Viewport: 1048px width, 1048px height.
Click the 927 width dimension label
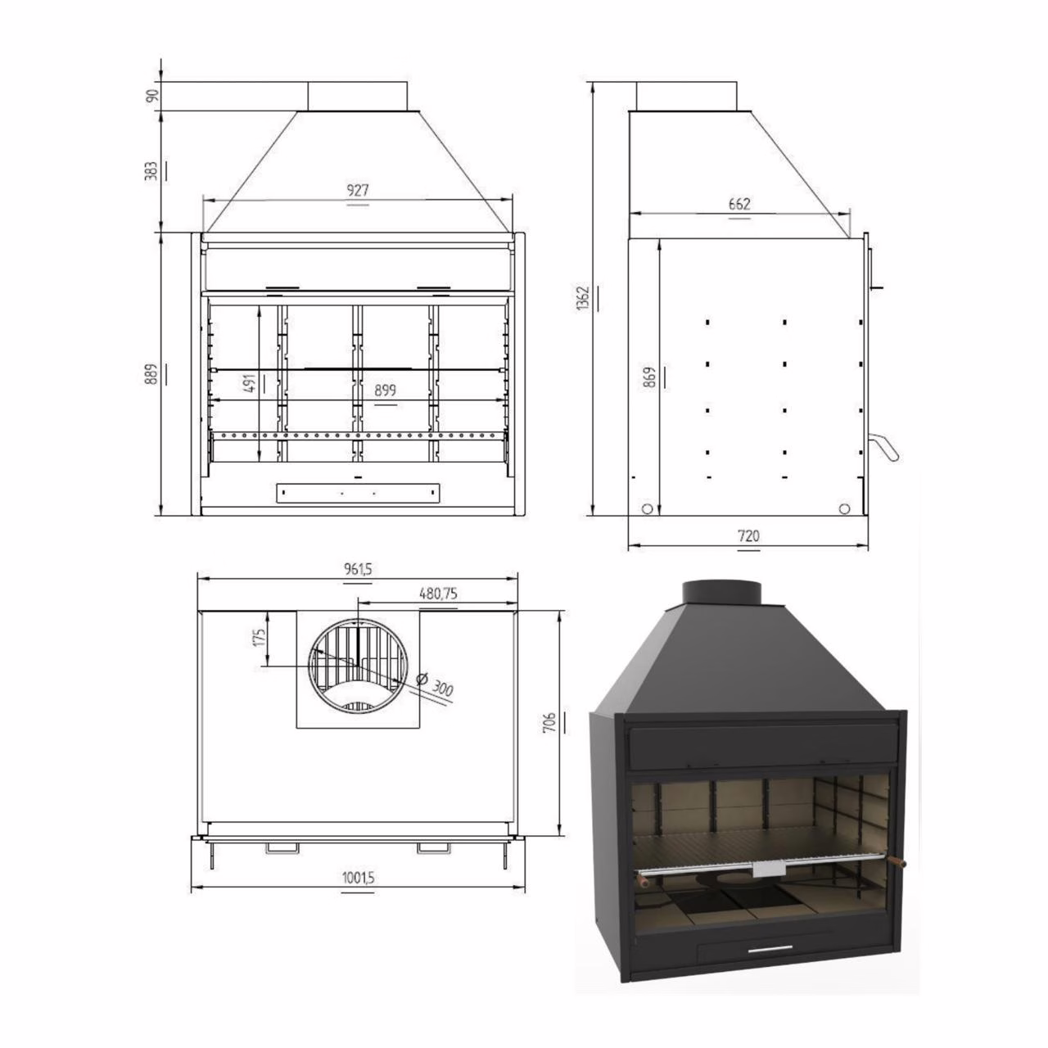(358, 190)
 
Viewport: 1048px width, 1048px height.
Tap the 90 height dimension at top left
(153, 95)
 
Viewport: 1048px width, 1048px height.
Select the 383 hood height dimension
(152, 171)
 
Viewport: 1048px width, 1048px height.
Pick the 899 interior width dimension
(385, 390)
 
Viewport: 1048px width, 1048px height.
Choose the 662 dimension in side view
(739, 204)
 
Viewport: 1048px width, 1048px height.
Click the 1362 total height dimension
(583, 297)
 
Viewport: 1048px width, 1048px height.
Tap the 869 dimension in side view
(650, 377)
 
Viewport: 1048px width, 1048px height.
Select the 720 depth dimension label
(748, 535)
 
